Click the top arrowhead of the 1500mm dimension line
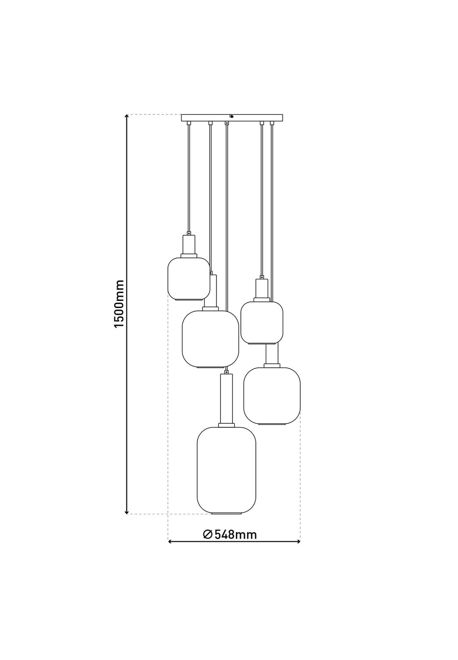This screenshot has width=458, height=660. coord(127,116)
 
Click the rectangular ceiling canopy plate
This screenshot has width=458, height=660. coord(232,117)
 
